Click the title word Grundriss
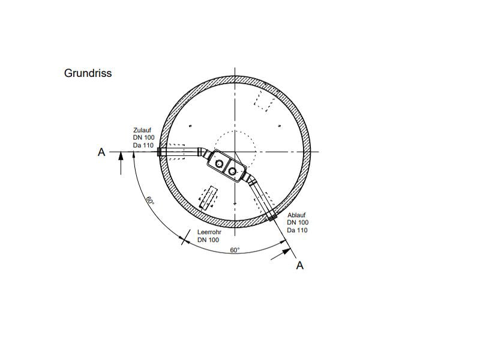(88, 73)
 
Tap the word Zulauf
(142, 130)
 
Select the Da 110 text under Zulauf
(143, 145)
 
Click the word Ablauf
(296, 215)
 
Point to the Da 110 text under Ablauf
(297, 230)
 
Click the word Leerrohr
(209, 232)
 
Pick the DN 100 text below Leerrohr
(208, 239)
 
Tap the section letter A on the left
(101, 152)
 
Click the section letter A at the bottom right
(300, 265)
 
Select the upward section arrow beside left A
(121, 163)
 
